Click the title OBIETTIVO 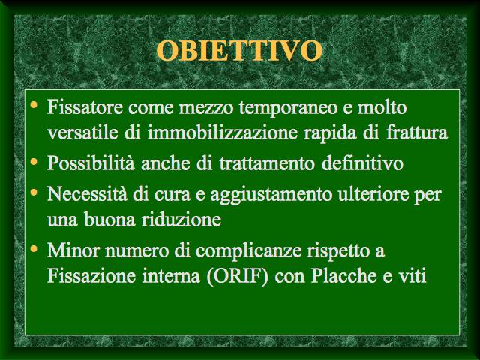239,50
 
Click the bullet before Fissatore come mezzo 34,105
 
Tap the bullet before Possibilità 34,160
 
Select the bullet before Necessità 34,192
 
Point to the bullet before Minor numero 34,248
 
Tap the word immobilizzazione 222,133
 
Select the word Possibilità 91,163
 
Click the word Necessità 87,193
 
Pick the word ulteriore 373,193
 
